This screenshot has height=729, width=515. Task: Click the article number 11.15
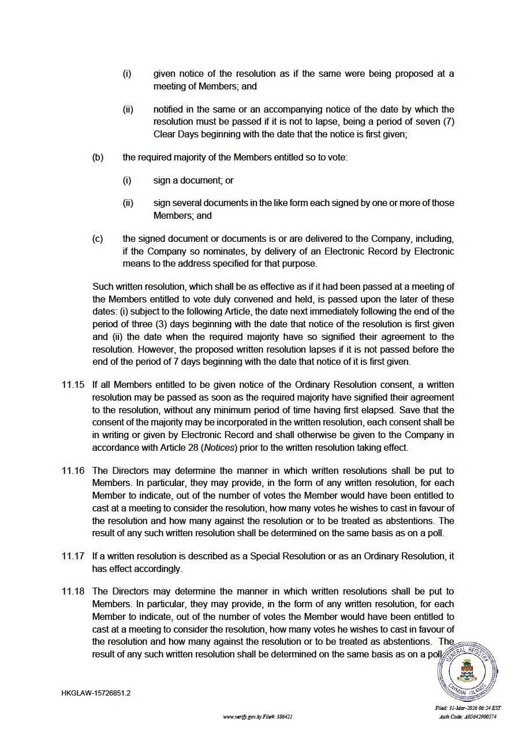73,385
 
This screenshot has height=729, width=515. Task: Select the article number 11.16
73,470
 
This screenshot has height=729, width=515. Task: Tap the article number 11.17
73,556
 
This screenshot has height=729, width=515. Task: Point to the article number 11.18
73,592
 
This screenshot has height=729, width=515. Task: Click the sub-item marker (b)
98,157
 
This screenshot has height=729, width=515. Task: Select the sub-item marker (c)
98,239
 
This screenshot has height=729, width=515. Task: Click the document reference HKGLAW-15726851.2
96,693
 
